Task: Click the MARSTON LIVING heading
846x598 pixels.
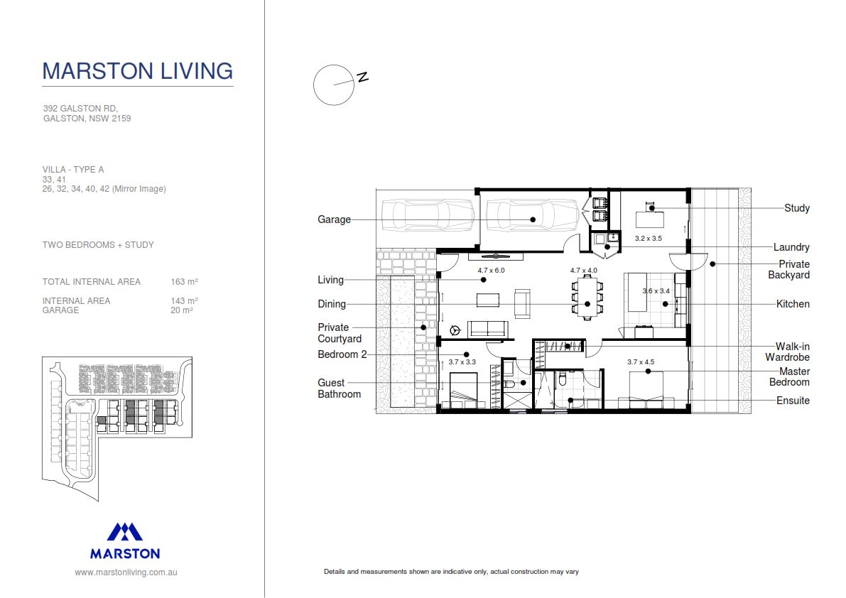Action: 137,71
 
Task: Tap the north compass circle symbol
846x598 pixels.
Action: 333,85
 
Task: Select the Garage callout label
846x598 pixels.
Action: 334,219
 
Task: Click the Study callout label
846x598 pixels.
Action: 797,208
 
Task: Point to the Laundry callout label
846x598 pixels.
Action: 791,247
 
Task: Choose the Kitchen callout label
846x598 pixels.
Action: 793,304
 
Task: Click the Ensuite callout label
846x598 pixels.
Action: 793,401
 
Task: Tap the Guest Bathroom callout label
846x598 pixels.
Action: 339,388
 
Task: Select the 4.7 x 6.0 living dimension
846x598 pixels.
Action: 491,271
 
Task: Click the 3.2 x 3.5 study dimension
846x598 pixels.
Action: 648,239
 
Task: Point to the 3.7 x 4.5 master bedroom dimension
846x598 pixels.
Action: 641,361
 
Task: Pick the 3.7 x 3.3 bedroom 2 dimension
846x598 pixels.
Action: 462,361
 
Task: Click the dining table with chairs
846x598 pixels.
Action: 587,298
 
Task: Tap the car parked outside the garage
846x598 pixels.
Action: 428,215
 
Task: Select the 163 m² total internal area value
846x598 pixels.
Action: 184,282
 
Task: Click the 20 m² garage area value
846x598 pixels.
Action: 182,310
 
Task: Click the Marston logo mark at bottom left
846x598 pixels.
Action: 125,532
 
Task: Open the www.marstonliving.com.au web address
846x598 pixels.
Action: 126,572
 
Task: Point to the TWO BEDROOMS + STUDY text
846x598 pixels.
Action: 98,245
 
